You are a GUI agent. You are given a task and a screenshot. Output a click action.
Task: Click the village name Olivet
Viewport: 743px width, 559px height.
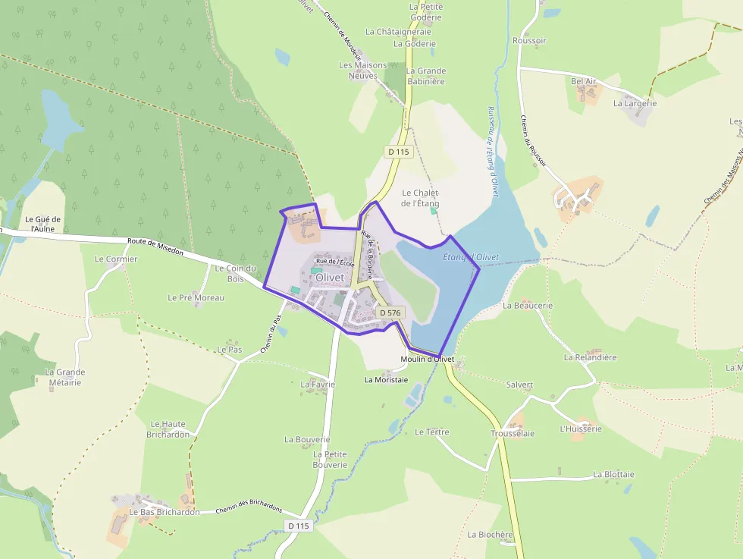click(x=329, y=278)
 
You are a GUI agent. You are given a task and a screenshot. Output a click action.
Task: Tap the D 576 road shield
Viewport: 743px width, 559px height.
click(x=389, y=312)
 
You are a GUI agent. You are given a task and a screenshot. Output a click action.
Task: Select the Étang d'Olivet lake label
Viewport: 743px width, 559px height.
click(x=470, y=258)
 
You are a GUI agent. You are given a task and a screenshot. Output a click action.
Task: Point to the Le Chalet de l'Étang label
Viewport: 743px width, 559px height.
click(x=420, y=198)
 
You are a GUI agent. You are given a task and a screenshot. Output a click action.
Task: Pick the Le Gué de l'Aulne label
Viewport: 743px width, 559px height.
click(x=42, y=224)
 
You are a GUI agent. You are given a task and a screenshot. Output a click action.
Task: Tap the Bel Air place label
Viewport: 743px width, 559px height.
click(x=584, y=81)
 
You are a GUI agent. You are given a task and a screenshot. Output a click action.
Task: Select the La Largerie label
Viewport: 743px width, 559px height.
click(x=635, y=103)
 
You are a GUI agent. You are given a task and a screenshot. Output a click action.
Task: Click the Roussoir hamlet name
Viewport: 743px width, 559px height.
click(x=529, y=40)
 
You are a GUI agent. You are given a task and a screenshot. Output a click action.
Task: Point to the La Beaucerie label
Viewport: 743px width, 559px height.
click(x=528, y=306)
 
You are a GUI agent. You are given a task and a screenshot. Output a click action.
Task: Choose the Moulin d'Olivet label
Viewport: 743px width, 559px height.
click(x=427, y=359)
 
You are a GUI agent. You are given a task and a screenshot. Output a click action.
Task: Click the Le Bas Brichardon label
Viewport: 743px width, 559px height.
click(x=165, y=512)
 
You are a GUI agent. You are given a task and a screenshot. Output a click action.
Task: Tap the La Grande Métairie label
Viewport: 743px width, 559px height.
click(x=65, y=377)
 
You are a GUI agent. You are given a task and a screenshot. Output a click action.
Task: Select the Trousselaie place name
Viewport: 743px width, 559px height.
click(x=513, y=433)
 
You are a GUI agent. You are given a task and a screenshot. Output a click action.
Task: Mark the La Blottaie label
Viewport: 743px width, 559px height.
click(x=614, y=474)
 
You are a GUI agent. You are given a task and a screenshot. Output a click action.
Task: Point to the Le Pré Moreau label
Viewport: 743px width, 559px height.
click(x=196, y=297)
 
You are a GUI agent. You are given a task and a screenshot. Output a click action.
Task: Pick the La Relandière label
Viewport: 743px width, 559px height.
click(x=591, y=356)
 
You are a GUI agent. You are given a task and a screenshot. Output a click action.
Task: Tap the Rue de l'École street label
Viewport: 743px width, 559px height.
click(x=336, y=262)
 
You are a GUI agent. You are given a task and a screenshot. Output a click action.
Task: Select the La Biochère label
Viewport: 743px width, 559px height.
click(x=490, y=534)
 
